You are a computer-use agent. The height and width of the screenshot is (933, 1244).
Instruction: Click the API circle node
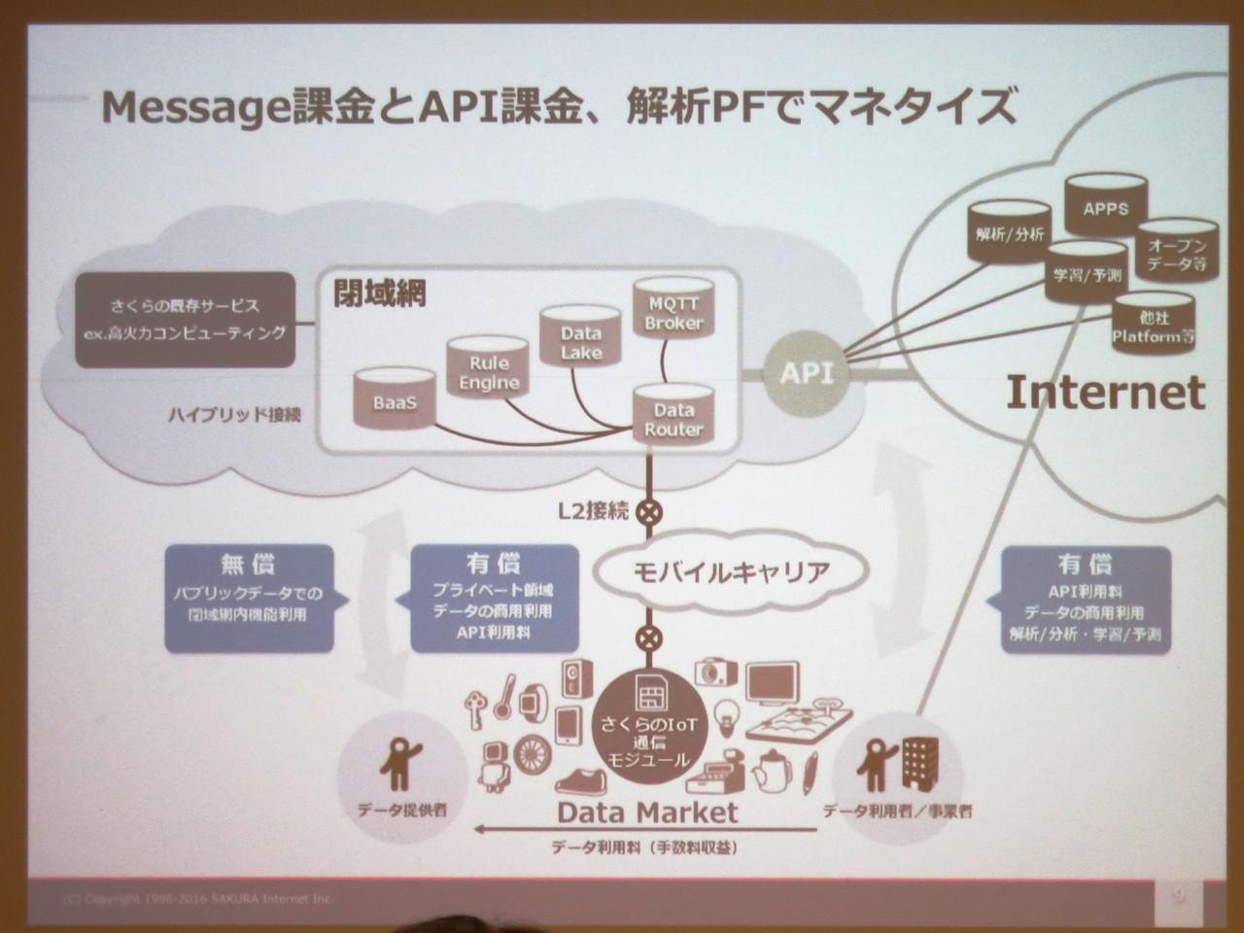(x=807, y=373)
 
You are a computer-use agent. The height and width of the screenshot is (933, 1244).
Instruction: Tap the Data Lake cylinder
(x=580, y=339)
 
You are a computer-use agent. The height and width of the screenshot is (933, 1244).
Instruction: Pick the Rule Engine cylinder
(x=488, y=370)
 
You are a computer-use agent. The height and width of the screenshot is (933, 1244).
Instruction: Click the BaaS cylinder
(x=394, y=399)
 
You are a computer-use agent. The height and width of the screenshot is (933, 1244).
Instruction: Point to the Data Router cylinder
(x=674, y=417)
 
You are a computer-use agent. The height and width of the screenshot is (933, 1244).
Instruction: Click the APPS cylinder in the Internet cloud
(x=1105, y=205)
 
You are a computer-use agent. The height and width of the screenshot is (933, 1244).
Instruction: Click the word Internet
(x=1105, y=393)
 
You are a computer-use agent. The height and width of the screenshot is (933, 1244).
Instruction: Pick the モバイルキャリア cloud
(x=732, y=571)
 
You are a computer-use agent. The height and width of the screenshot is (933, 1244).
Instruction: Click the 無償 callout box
(x=248, y=596)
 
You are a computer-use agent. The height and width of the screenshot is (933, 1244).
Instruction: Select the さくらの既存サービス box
(x=185, y=320)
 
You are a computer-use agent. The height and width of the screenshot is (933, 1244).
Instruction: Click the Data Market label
(x=647, y=812)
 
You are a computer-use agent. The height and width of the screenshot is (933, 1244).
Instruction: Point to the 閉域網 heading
(x=380, y=294)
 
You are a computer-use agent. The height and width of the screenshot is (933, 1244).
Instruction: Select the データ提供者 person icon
(x=400, y=763)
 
